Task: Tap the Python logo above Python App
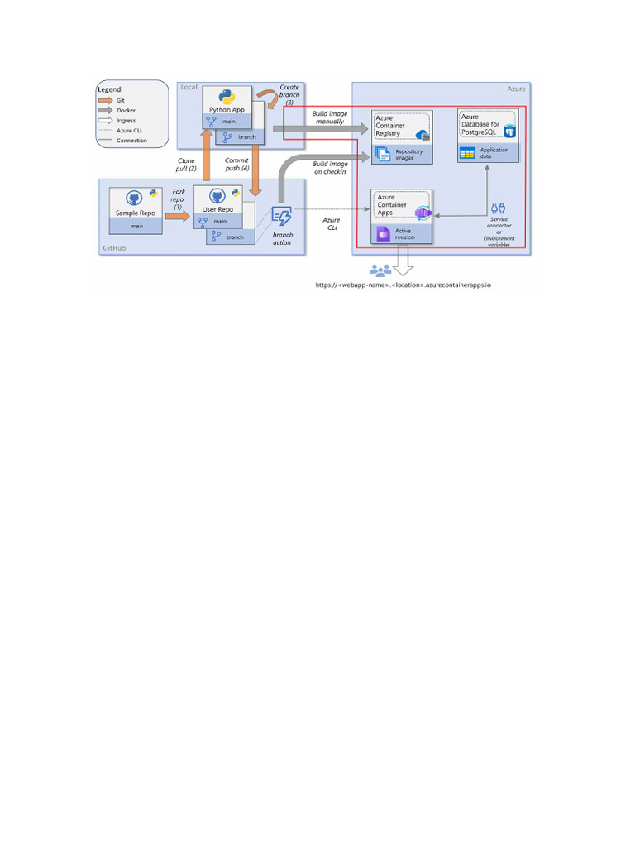pyautogui.click(x=227, y=96)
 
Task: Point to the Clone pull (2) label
pyautogui.click(x=185, y=165)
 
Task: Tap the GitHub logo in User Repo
pyautogui.click(x=218, y=195)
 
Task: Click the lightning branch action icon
pyautogui.click(x=281, y=218)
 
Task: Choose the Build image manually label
pyautogui.click(x=328, y=117)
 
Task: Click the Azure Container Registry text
pyautogui.click(x=389, y=126)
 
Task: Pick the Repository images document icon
pyautogui.click(x=383, y=153)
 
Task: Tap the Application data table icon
pyautogui.click(x=467, y=153)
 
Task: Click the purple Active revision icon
pyautogui.click(x=383, y=235)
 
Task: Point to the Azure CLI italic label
pyautogui.click(x=331, y=225)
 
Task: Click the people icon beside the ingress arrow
pyautogui.click(x=380, y=270)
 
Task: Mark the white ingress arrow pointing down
pyautogui.click(x=404, y=264)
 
